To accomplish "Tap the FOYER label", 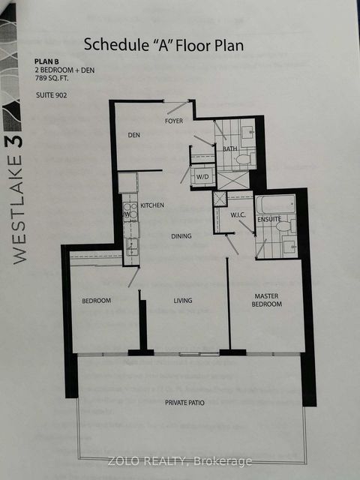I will click(175, 120).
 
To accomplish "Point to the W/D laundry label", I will click(203, 178).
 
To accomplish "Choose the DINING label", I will click(180, 236).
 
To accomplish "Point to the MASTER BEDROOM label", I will click(266, 300).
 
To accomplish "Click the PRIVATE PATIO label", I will click(184, 403).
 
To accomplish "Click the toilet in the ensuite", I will click(283, 226).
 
